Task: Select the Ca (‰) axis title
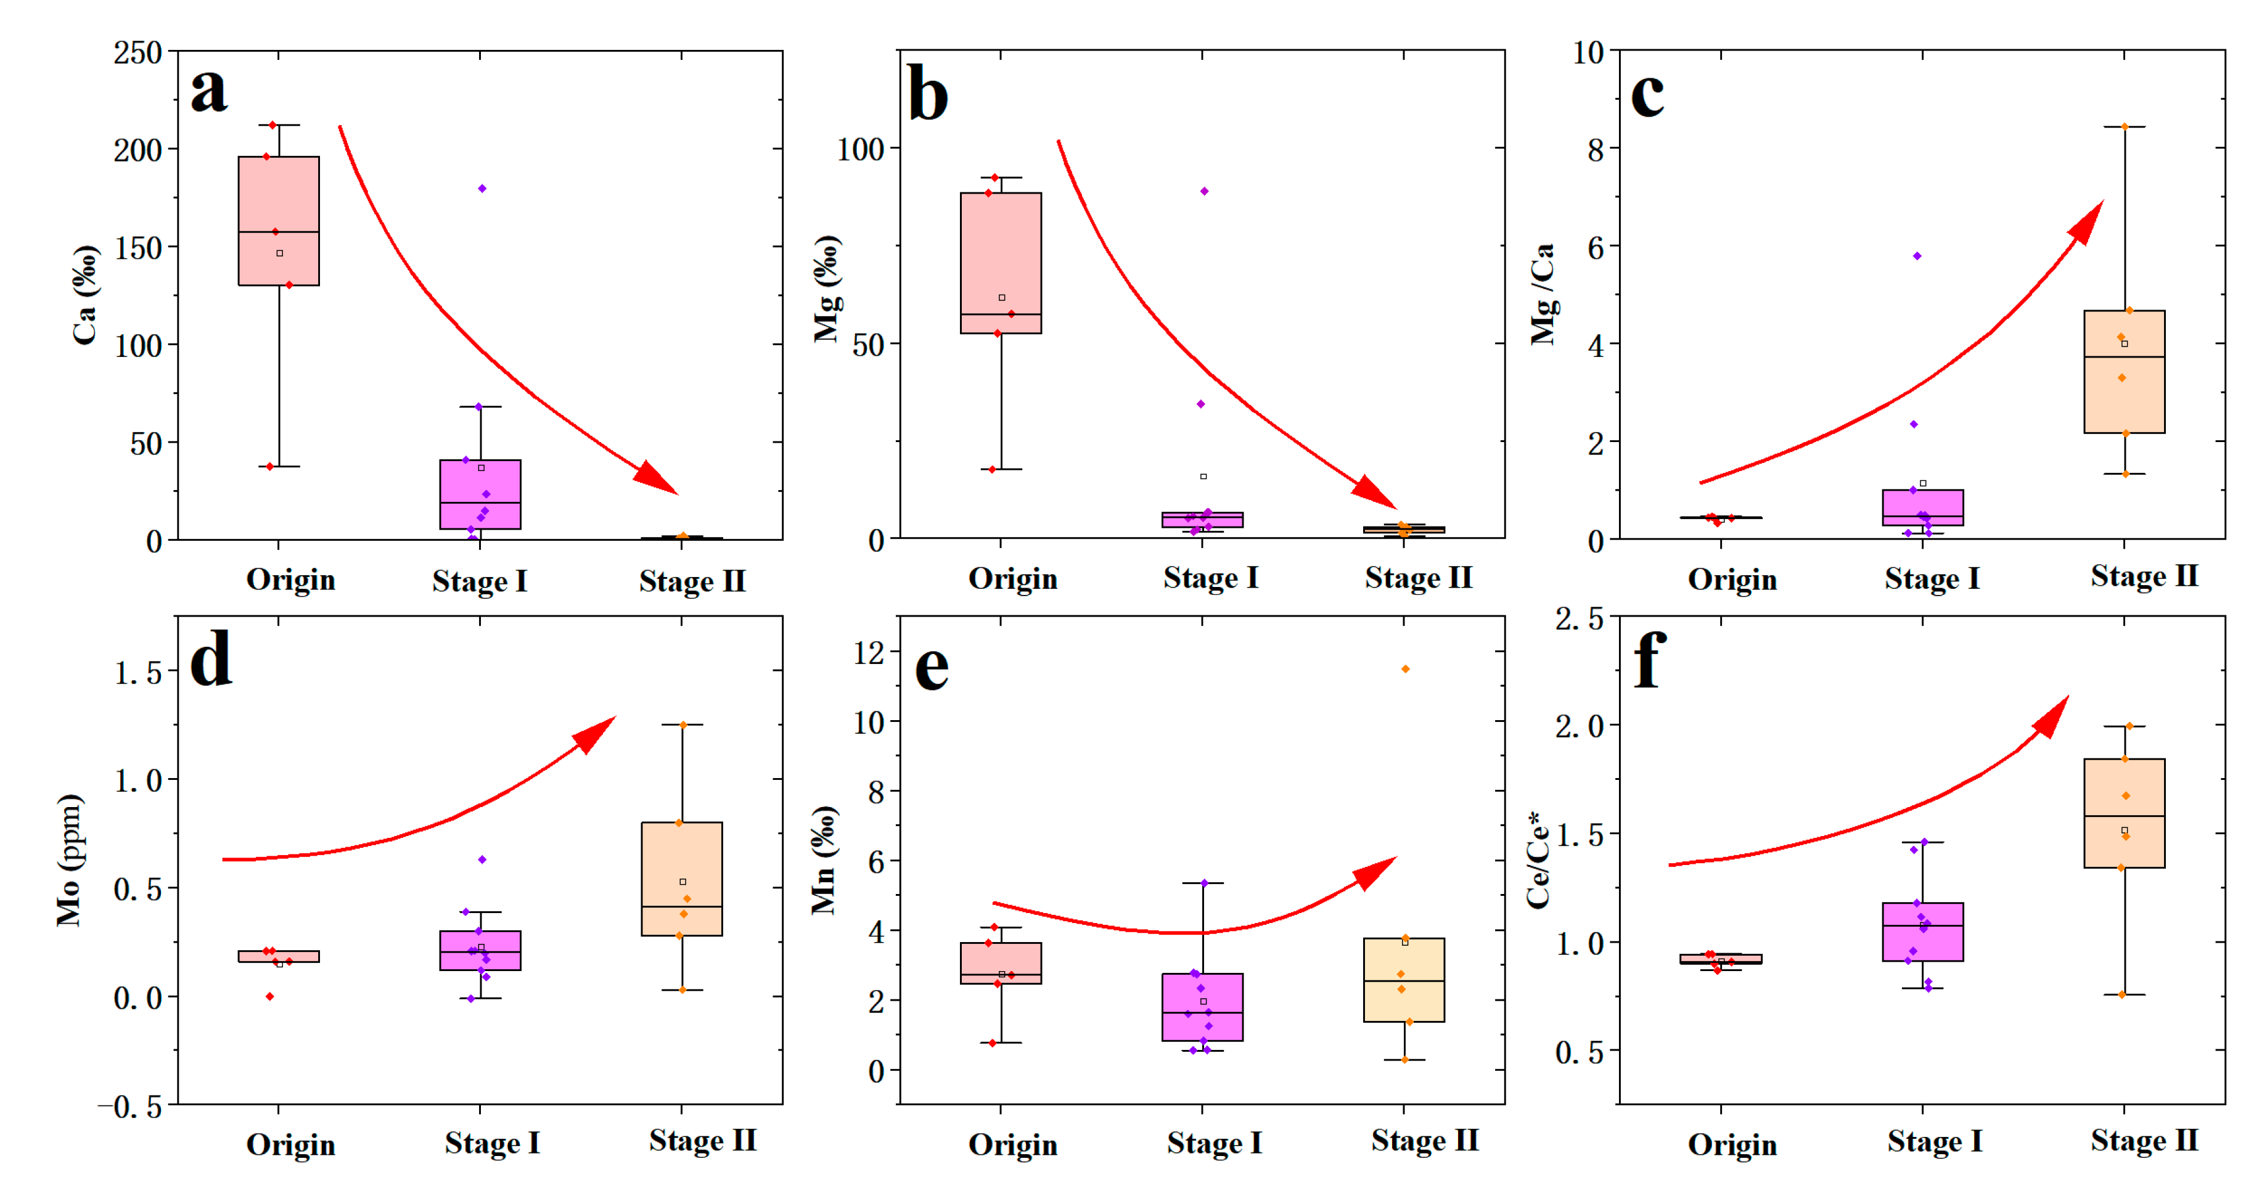point(84,295)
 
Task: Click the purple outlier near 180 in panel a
point(482,188)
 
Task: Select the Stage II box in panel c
point(2124,371)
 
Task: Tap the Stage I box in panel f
point(1922,931)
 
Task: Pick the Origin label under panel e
point(1012,1144)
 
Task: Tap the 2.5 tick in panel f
point(1579,618)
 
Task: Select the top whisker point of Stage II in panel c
point(2125,126)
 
